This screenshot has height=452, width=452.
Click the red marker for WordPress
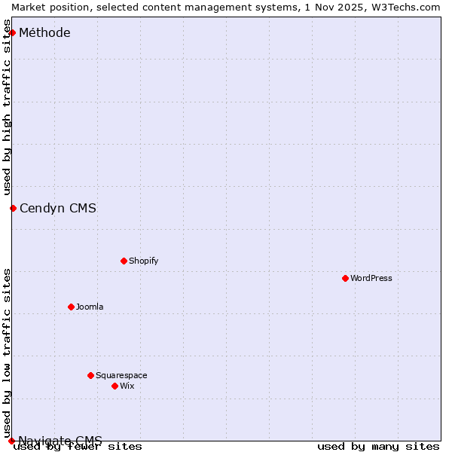(x=345, y=278)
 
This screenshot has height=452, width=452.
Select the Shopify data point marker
(x=124, y=261)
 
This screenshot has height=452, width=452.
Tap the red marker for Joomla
(x=71, y=307)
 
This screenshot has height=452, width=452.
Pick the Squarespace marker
(x=90, y=375)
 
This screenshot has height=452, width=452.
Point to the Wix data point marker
(x=115, y=386)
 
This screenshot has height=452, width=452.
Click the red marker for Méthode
(x=12, y=32)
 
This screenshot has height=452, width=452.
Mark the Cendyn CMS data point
(x=13, y=208)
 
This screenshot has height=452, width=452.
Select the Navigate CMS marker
(x=11, y=441)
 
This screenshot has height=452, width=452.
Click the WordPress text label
(x=371, y=278)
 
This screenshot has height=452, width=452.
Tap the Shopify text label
(x=144, y=261)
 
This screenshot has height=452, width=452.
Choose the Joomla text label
(x=90, y=307)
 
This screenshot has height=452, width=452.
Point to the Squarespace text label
(x=121, y=375)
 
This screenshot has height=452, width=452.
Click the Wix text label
(x=127, y=386)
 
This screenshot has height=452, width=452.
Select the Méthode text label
(x=44, y=32)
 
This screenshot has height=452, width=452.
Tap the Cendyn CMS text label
(x=58, y=209)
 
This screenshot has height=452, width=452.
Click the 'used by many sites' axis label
(x=378, y=446)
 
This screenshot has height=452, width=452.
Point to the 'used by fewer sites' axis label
(x=78, y=446)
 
